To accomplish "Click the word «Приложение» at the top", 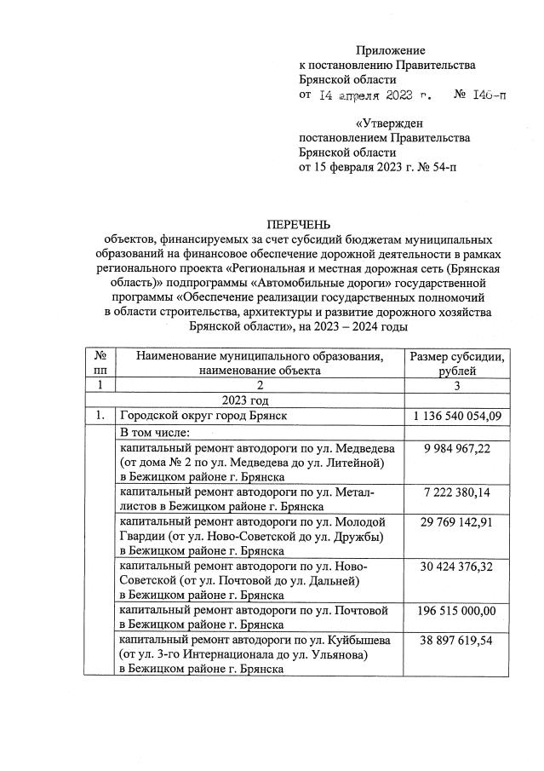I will pos(390,52).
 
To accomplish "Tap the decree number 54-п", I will pos(437,167).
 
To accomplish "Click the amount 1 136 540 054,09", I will pos(457,416).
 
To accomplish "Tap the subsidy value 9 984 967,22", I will pos(457,448).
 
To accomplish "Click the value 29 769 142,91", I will pos(457,521).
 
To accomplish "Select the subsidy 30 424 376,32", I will pos(457,566).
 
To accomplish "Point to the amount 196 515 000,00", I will pos(457,611).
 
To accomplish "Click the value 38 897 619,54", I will pos(457,640).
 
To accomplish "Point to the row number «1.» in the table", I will pos(100,416).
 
